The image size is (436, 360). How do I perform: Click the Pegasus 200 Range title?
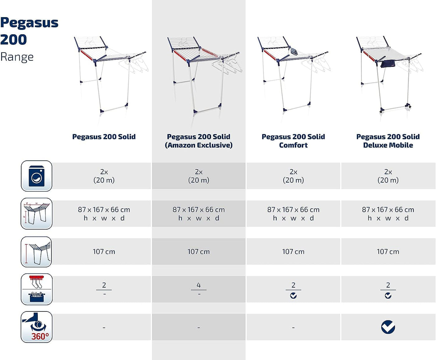click(x=29, y=39)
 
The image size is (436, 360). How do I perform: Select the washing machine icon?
click(x=36, y=176)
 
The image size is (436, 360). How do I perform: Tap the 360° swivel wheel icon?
click(x=36, y=327)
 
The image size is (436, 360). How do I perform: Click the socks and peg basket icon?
click(x=36, y=289)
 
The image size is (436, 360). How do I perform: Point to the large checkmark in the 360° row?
click(x=388, y=327)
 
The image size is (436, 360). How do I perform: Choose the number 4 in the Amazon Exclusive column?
click(x=199, y=285)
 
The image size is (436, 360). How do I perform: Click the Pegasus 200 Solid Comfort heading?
click(x=293, y=141)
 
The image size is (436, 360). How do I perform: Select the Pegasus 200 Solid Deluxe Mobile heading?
click(x=388, y=141)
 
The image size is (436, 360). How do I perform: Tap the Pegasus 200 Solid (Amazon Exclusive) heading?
click(x=199, y=141)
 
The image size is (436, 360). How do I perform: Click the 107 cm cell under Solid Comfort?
click(x=293, y=252)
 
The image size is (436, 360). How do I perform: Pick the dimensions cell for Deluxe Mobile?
click(x=388, y=214)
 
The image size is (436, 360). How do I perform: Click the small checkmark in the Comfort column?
click(x=293, y=296)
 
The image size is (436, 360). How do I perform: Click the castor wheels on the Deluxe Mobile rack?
click(x=395, y=108)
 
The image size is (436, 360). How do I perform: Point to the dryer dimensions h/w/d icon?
click(x=36, y=214)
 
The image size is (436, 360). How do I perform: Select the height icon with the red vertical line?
click(x=36, y=252)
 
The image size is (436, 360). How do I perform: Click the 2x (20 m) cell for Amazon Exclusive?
click(x=199, y=176)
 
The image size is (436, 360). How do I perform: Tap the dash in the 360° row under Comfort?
click(x=293, y=328)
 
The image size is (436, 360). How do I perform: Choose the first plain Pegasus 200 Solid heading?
click(x=104, y=137)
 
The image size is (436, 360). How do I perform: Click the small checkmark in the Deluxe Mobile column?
click(x=388, y=296)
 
